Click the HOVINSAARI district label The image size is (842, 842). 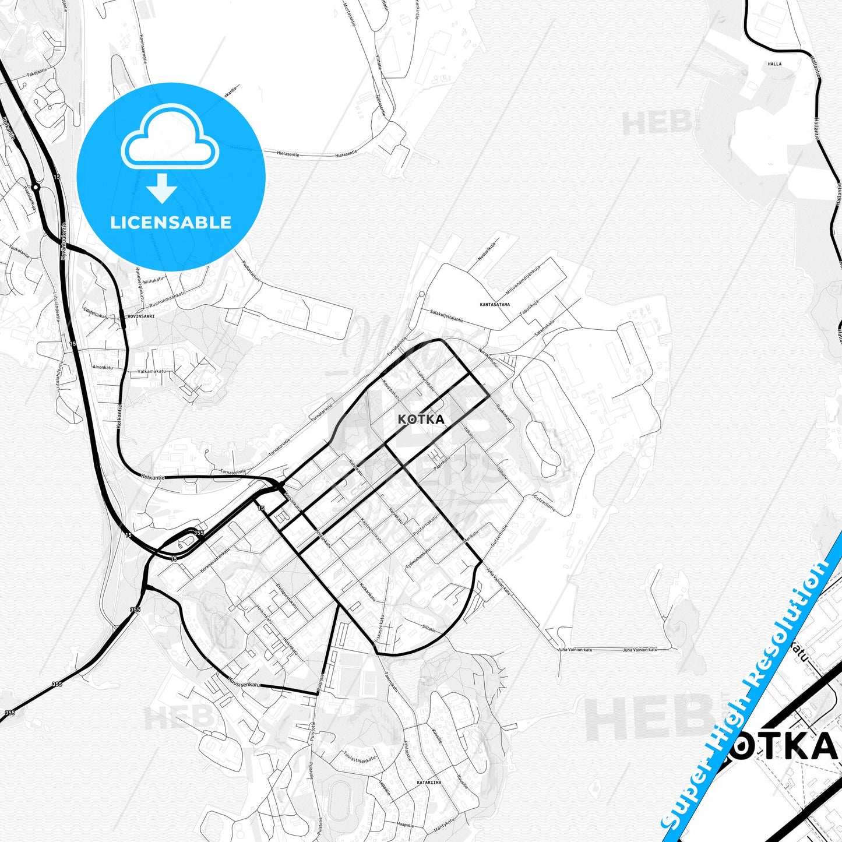[141, 316]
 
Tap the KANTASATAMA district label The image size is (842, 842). [495, 304]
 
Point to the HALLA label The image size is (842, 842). [774, 64]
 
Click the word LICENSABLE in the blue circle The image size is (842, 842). [171, 222]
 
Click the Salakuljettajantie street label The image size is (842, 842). [443, 315]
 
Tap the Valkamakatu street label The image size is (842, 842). [152, 371]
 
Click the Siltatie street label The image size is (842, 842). [428, 628]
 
